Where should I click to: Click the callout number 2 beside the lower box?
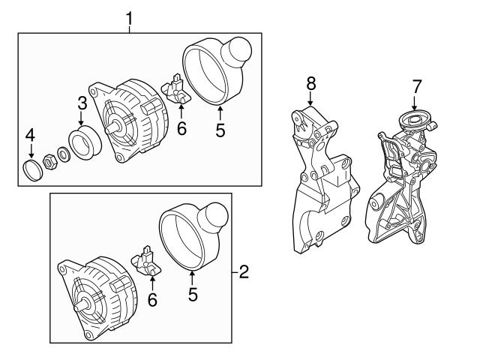243,271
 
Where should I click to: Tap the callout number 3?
82,102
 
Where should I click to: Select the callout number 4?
30,135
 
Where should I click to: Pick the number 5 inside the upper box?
220,129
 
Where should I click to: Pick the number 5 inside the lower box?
193,295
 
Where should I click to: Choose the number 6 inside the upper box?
181,129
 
